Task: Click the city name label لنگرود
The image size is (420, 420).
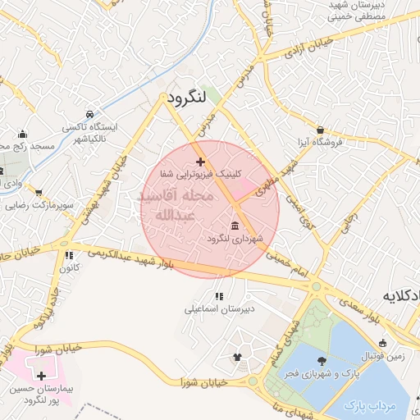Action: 184,98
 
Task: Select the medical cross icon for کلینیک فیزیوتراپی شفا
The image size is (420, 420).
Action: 201,162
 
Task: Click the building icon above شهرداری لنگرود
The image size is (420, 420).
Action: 235,226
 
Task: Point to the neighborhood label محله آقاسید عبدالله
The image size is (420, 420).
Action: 175,206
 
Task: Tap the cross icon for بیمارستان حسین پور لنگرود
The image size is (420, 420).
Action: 41,375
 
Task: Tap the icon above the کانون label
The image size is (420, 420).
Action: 70,255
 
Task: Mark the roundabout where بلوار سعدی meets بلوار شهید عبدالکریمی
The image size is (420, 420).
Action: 316,286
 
